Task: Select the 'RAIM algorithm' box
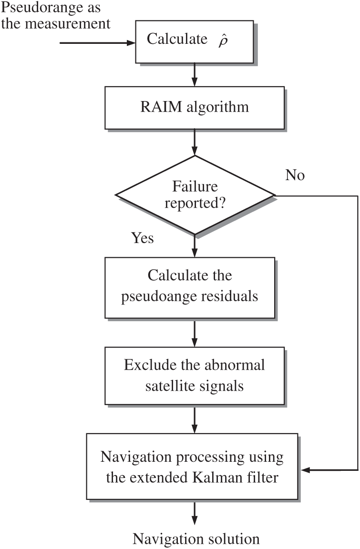194,107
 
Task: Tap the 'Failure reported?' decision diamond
195,195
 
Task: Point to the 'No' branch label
295,175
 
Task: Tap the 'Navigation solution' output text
196,539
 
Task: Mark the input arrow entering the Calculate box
98,43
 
